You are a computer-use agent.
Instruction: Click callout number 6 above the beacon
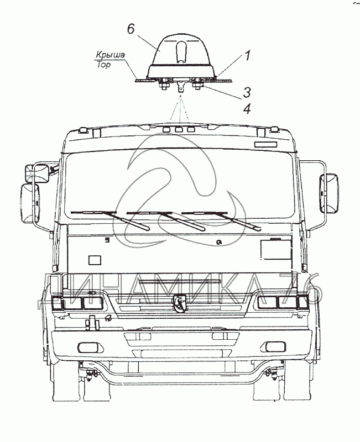point(131,29)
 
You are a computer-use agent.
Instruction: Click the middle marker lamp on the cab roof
point(179,129)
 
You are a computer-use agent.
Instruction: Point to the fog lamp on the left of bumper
point(87,346)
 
